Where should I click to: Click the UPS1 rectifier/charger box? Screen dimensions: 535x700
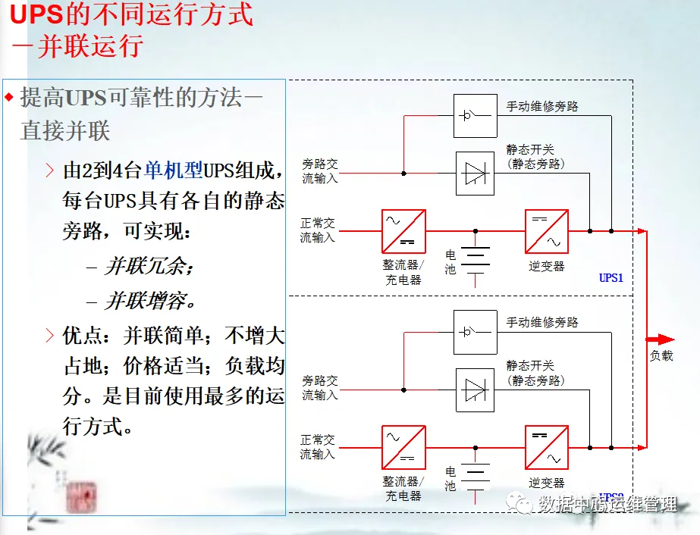[x=403, y=231]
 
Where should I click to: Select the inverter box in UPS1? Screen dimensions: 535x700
[x=546, y=231]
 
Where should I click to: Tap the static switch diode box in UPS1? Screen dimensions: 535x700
[x=476, y=174]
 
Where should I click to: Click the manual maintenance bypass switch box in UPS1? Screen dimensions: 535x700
[x=476, y=116]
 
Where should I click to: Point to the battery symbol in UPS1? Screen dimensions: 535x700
[x=476, y=258]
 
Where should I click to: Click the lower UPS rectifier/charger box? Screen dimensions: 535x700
[x=403, y=447]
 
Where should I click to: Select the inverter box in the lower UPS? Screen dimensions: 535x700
[x=546, y=447]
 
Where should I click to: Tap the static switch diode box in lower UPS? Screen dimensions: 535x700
[x=476, y=390]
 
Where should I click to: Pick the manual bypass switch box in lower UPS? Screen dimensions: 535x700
[x=476, y=332]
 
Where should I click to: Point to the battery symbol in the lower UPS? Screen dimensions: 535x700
[x=476, y=474]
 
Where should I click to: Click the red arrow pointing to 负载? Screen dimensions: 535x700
[x=660, y=339]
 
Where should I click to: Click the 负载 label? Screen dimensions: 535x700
[x=661, y=355]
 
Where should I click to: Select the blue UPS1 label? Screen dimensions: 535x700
[x=611, y=277]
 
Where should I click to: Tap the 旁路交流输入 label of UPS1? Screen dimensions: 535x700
[x=320, y=171]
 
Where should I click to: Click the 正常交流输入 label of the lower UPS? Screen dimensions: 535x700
[x=318, y=446]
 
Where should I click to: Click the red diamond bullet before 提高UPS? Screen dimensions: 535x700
[x=9, y=97]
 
